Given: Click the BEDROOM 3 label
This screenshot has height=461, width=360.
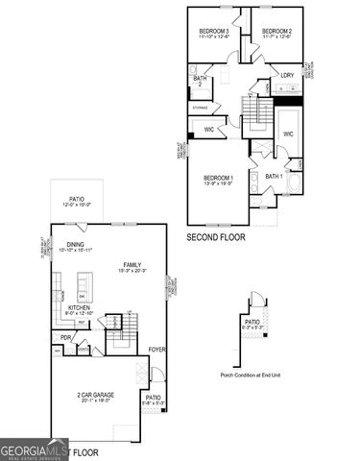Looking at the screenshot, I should pyautogui.click(x=213, y=31).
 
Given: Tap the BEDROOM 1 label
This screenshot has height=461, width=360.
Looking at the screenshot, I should pyautogui.click(x=219, y=179).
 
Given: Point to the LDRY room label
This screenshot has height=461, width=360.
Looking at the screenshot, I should pyautogui.click(x=287, y=74).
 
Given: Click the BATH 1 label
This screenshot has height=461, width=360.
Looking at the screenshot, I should pyautogui.click(x=274, y=176).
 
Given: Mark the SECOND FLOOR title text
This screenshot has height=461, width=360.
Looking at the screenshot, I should pyautogui.click(x=216, y=235).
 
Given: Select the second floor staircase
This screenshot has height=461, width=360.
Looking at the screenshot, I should pyautogui.click(x=256, y=119).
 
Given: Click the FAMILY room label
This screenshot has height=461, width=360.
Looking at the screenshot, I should pyautogui.click(x=132, y=264).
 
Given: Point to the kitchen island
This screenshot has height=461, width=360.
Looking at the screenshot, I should pyautogui.click(x=84, y=285).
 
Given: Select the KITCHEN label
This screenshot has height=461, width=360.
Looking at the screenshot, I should pyautogui.click(x=79, y=307).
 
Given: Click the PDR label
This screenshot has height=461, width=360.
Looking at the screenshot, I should pyautogui.click(x=66, y=337).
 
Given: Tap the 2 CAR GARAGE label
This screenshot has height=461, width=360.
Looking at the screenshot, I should pyautogui.click(x=93, y=397).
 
